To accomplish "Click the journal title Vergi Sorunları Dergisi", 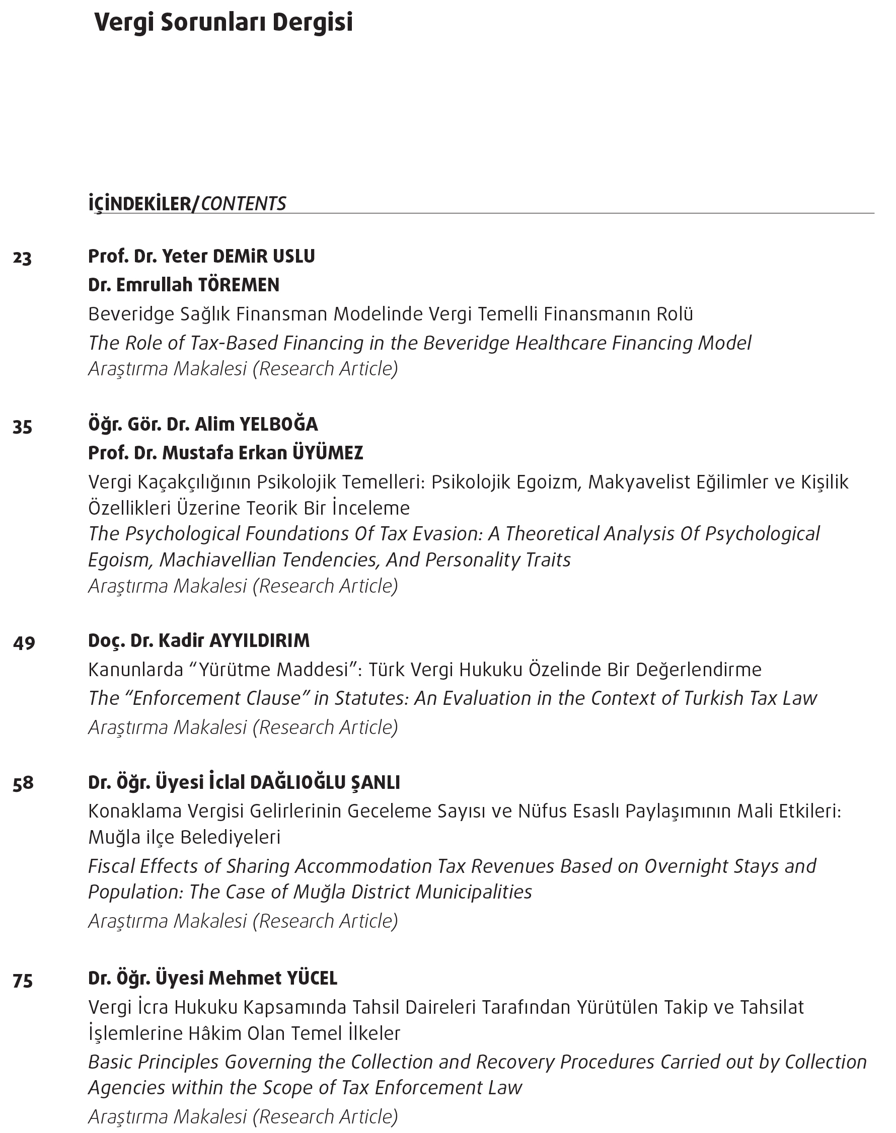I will pyautogui.click(x=223, y=23).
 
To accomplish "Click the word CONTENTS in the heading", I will pyautogui.click(x=244, y=203).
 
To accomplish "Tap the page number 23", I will pyautogui.click(x=23, y=258).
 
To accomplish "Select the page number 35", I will pyautogui.click(x=23, y=427).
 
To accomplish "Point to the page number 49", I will pyautogui.click(x=24, y=642).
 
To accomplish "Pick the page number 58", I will pyautogui.click(x=23, y=783).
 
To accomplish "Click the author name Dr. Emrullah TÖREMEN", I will pyautogui.click(x=184, y=285).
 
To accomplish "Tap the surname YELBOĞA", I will pyautogui.click(x=278, y=424).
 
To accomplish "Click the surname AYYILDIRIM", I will pyautogui.click(x=260, y=640).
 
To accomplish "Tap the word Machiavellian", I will pyautogui.click(x=217, y=560).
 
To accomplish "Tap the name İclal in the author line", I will pyautogui.click(x=227, y=782).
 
